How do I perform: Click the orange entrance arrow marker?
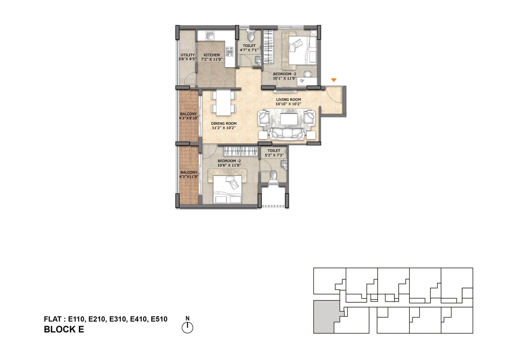tap(334, 80)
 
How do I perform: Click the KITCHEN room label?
tap(212, 55)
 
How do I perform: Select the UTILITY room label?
tap(187, 55)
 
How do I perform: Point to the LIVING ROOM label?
tap(288, 99)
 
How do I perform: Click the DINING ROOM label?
tap(224, 124)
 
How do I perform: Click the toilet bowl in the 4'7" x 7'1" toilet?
tap(251, 35)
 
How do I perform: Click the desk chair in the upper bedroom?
tap(308, 74)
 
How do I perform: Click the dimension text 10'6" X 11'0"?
tap(229, 165)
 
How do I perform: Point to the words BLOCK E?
tap(64, 329)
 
